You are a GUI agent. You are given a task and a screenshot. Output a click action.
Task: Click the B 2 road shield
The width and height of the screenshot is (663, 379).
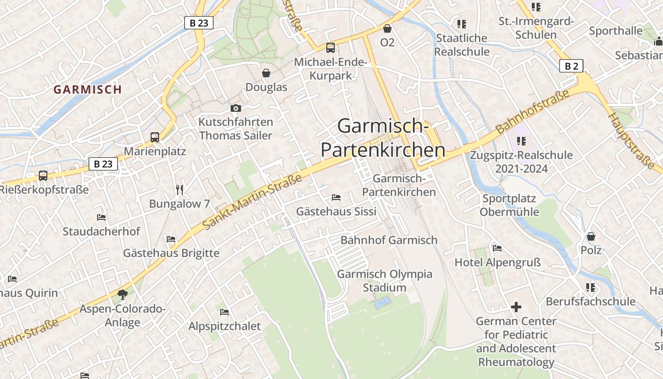point(571,66)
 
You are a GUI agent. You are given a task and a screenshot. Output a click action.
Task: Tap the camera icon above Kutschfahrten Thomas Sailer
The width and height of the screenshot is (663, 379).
point(235,108)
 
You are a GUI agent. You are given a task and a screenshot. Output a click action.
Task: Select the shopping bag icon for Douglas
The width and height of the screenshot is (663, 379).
point(266,73)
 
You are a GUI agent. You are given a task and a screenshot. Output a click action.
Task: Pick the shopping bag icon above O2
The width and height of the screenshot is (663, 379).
point(387,28)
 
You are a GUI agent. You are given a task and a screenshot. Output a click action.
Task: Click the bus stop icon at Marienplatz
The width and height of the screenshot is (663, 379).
point(155,137)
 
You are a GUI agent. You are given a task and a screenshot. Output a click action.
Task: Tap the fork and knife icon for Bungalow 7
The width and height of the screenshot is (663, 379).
point(179,190)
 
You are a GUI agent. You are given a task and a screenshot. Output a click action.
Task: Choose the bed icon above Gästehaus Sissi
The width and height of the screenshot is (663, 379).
point(336,197)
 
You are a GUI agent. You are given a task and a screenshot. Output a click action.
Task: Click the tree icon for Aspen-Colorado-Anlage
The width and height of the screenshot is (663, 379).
point(123,295)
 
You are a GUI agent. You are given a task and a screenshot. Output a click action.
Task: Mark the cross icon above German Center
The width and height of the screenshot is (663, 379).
point(516,307)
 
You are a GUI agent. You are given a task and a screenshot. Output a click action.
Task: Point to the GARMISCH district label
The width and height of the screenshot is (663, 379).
point(88,89)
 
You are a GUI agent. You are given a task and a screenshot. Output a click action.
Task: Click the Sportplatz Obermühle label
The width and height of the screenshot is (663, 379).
point(509,205)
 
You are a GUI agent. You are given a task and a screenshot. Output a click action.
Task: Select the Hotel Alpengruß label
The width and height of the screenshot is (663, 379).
point(497,262)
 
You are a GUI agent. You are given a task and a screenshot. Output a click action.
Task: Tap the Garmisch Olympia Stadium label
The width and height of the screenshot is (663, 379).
point(385,280)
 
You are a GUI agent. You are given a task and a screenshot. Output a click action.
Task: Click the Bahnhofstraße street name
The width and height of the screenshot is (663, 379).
point(532,112)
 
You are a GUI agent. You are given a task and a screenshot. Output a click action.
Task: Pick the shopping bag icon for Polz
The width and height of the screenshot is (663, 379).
point(591,236)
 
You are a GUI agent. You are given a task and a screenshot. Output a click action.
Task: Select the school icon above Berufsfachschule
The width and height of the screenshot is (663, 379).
point(591,287)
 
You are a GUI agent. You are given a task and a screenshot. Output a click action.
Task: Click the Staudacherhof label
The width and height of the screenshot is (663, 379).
point(101,231)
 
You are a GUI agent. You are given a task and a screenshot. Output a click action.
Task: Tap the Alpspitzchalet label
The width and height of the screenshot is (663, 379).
point(224,326)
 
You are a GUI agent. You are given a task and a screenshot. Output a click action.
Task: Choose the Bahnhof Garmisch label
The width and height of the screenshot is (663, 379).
point(389,240)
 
